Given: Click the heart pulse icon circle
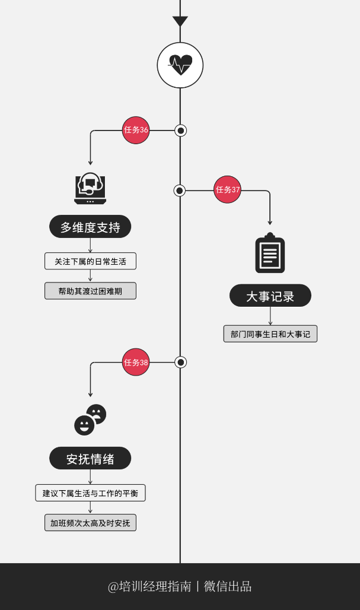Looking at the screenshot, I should [x=180, y=65].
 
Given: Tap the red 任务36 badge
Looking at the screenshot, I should [x=136, y=130].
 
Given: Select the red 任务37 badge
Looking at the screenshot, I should [x=228, y=190].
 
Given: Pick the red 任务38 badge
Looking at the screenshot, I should [x=136, y=362].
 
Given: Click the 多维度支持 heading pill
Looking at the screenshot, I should [x=90, y=227].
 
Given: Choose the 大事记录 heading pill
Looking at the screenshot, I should [x=270, y=296].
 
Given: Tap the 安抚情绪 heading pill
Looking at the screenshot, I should [x=90, y=458].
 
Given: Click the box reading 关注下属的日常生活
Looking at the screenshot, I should [x=90, y=261].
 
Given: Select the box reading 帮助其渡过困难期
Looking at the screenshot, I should [x=90, y=291].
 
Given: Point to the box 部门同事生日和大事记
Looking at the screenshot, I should [x=270, y=333].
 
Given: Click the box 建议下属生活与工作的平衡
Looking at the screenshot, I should [x=90, y=493].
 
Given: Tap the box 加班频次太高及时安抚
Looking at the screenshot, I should [x=90, y=523].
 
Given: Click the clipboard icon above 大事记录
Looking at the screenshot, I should [x=270, y=253].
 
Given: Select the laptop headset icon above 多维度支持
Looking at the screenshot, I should [x=90, y=189].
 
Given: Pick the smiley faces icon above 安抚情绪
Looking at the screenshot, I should [x=90, y=420].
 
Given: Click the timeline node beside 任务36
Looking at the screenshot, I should [x=181, y=131].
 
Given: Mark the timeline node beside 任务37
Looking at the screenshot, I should [x=180, y=190].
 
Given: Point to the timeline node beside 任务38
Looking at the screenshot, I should [x=181, y=362].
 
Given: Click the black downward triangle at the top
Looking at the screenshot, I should [x=180, y=21].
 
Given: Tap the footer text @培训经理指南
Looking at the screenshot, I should [x=149, y=586].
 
